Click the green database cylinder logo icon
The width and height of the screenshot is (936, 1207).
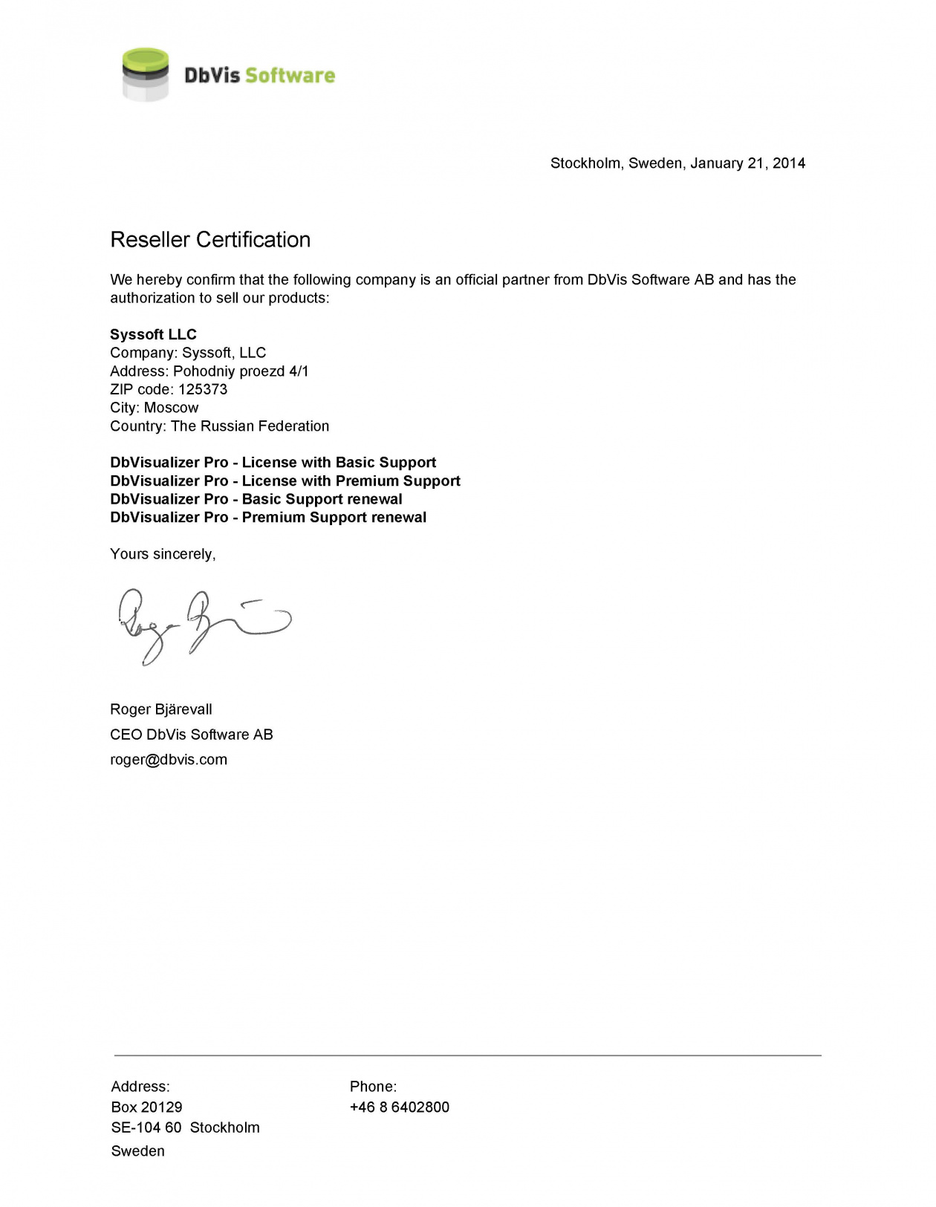[x=145, y=74]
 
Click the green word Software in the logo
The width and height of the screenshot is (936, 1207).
[x=290, y=75]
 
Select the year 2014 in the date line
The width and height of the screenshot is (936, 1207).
[x=788, y=163]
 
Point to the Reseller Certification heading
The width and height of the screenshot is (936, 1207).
[x=210, y=240]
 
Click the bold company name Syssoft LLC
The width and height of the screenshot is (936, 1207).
[x=153, y=334]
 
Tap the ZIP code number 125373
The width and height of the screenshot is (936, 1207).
[x=203, y=389]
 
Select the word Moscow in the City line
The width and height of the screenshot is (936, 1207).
[x=172, y=408]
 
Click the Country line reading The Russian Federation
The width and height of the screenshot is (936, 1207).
[x=219, y=426]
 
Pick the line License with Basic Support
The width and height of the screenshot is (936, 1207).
[x=273, y=463]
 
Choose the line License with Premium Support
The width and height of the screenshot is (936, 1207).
[x=285, y=481]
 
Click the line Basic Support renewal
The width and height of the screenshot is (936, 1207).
[x=256, y=499]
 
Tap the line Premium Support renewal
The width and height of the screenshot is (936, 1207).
[x=268, y=518]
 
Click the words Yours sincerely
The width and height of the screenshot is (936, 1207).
[x=163, y=554]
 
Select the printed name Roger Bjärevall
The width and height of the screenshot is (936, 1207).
[x=161, y=709]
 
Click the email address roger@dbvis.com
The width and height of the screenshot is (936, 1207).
[x=169, y=760]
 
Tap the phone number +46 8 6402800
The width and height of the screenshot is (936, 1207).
[x=400, y=1107]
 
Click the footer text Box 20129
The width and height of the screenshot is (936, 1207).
[x=146, y=1107]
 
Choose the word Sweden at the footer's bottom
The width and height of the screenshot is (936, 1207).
[x=138, y=1151]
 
